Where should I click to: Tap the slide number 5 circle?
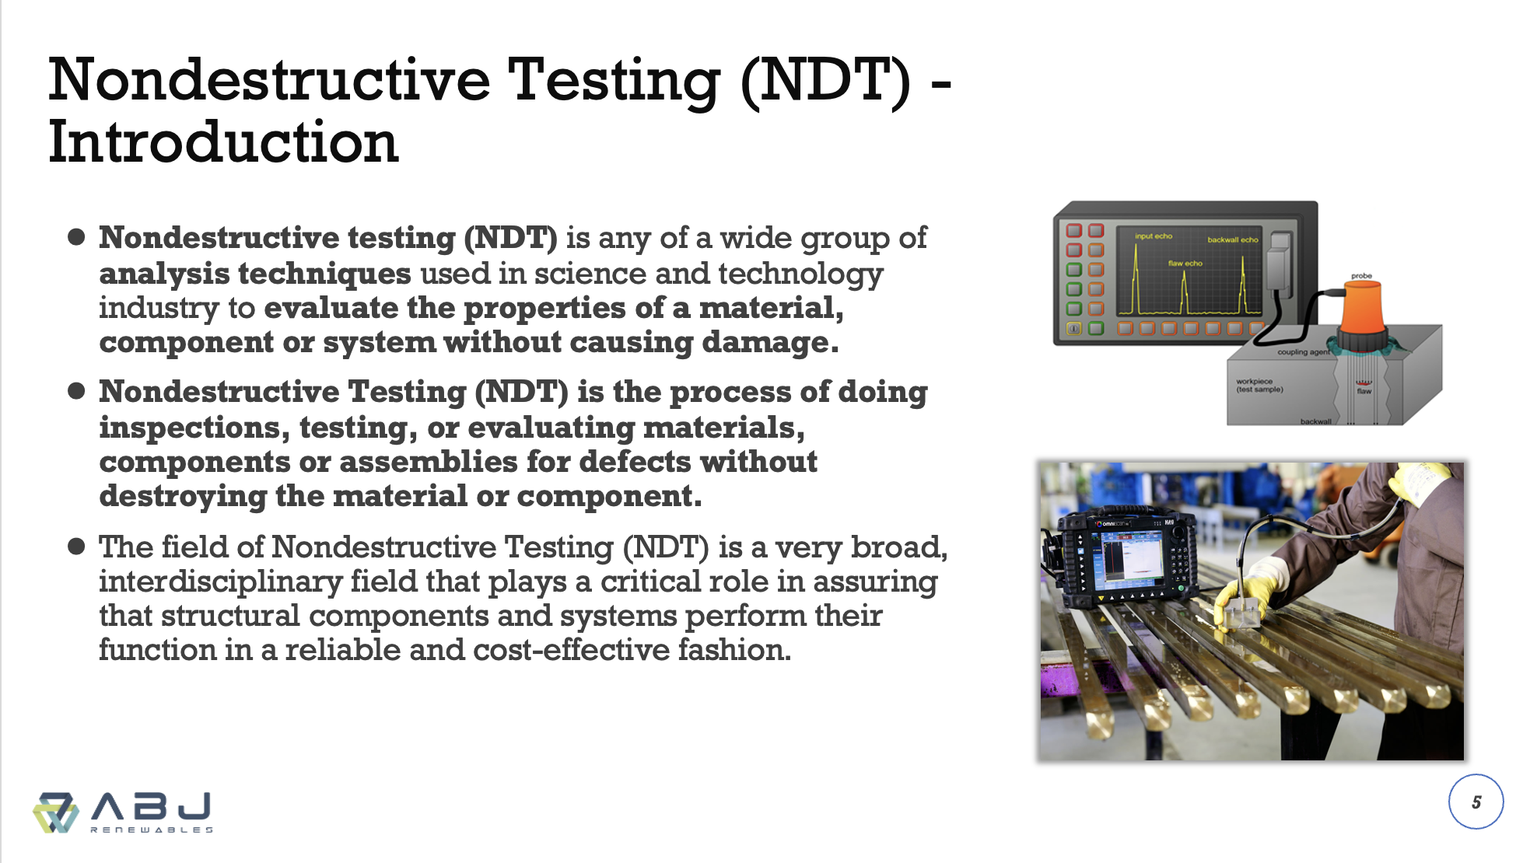tap(1476, 802)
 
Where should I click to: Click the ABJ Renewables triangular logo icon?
tap(55, 812)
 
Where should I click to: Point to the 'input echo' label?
tap(1153, 236)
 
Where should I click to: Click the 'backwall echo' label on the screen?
tap(1232, 239)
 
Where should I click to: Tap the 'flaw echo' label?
tap(1185, 264)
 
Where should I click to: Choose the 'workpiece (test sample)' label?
tap(1259, 386)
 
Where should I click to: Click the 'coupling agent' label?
tap(1304, 352)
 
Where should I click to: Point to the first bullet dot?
tap(76, 237)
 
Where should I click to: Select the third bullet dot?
tap(76, 547)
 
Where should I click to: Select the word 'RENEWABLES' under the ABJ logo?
tap(152, 830)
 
